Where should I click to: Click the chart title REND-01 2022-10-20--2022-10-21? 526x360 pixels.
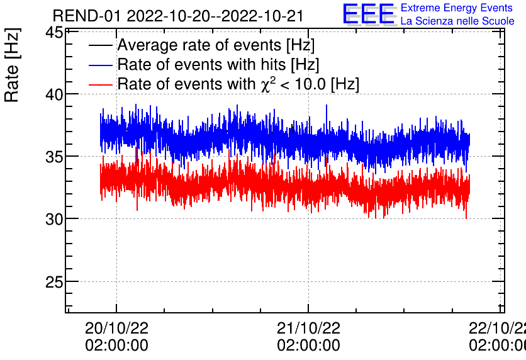pyautogui.click(x=178, y=16)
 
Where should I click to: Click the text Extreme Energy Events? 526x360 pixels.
pyautogui.click(x=456, y=8)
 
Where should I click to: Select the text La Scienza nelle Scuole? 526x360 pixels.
pyautogui.click(x=457, y=21)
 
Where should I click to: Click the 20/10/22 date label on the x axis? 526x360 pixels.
pyautogui.click(x=116, y=329)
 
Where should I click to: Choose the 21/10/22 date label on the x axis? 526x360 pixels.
pyautogui.click(x=308, y=329)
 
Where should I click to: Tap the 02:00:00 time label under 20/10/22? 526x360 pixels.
pyautogui.click(x=116, y=346)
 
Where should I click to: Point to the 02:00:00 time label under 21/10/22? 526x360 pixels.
pyautogui.click(x=308, y=346)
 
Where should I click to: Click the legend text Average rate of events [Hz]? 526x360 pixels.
pyautogui.click(x=216, y=46)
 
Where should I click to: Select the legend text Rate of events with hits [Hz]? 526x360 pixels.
pyautogui.click(x=218, y=65)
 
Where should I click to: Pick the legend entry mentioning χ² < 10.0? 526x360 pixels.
pyautogui.click(x=238, y=84)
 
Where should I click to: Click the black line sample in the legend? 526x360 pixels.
pyautogui.click(x=101, y=46)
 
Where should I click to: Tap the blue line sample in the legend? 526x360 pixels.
pyautogui.click(x=101, y=65)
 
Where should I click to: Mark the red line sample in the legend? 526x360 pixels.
pyautogui.click(x=101, y=84)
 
